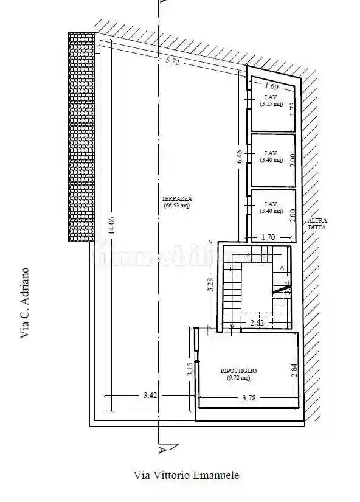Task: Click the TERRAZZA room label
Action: click(176, 199)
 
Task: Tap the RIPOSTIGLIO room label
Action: click(238, 370)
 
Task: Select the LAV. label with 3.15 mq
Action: click(271, 100)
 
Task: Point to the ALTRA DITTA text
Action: click(316, 223)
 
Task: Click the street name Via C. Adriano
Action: click(25, 302)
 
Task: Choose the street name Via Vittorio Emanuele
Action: click(186, 475)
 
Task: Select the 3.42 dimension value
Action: click(150, 396)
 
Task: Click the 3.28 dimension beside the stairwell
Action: click(210, 285)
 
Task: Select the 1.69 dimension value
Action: click(272, 86)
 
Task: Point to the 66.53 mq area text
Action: click(176, 206)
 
